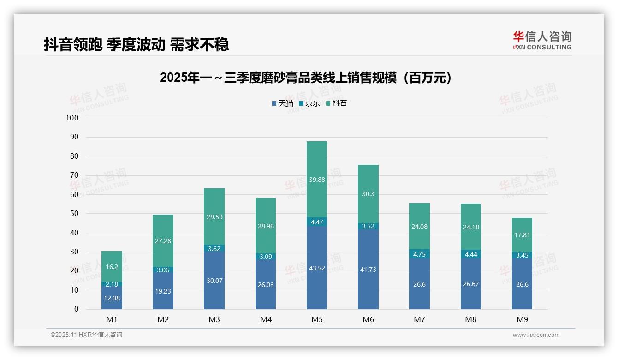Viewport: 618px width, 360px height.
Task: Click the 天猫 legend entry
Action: coord(282,103)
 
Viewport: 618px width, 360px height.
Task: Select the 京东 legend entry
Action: coord(309,103)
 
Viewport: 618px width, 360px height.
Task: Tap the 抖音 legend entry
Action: coord(336,103)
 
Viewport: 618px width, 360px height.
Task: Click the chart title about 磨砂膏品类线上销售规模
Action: coord(305,78)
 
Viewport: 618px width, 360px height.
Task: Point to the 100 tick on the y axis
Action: coord(72,118)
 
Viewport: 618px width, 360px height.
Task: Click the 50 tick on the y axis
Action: coord(74,214)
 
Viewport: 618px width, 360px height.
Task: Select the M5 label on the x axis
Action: coord(317,319)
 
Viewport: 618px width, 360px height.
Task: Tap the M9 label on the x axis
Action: coord(522,319)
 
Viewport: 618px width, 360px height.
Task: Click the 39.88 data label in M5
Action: coord(317,180)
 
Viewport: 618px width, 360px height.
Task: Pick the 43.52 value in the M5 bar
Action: coord(317,268)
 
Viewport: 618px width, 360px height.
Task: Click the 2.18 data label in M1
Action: coord(112,285)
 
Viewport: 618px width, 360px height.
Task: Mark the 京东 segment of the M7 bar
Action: coord(419,254)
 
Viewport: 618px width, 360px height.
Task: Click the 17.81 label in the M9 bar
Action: coord(522,235)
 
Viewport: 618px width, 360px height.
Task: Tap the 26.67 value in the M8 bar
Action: coord(470,284)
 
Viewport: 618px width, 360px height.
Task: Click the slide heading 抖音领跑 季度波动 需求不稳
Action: coord(137,45)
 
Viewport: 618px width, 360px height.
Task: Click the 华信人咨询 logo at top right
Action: coord(542,40)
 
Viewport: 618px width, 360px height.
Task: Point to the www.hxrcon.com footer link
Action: coord(536,335)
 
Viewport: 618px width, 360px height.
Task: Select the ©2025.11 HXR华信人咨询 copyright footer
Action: coord(86,335)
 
